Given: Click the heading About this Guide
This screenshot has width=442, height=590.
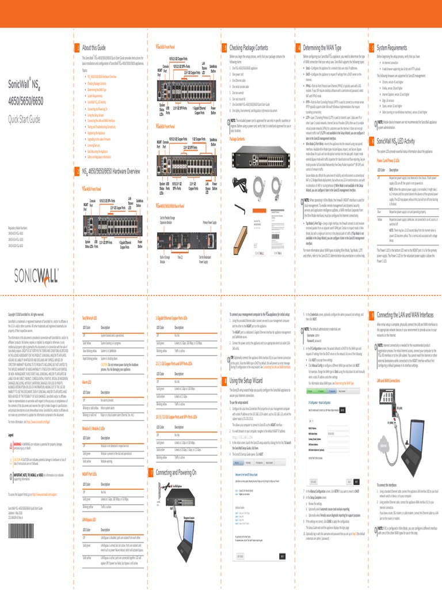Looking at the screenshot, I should click(94, 47).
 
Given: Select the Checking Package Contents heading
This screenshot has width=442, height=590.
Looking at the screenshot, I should click(249, 47).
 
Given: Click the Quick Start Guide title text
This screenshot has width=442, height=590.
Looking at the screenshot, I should click(24, 119).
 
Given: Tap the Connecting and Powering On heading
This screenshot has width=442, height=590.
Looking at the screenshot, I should click(176, 472).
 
